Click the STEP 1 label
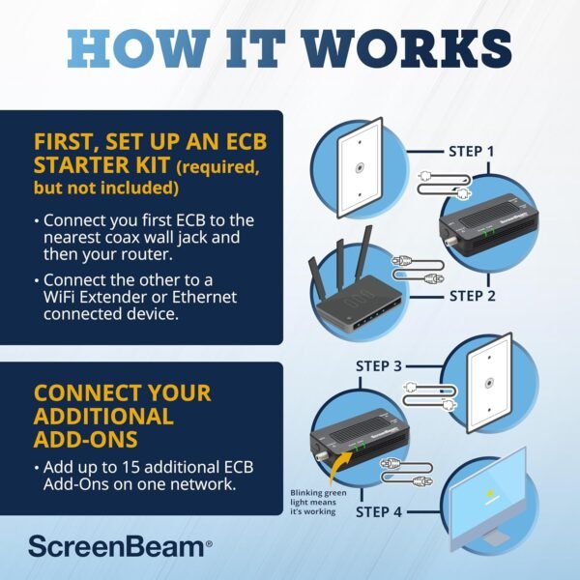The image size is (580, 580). tap(472, 152)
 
